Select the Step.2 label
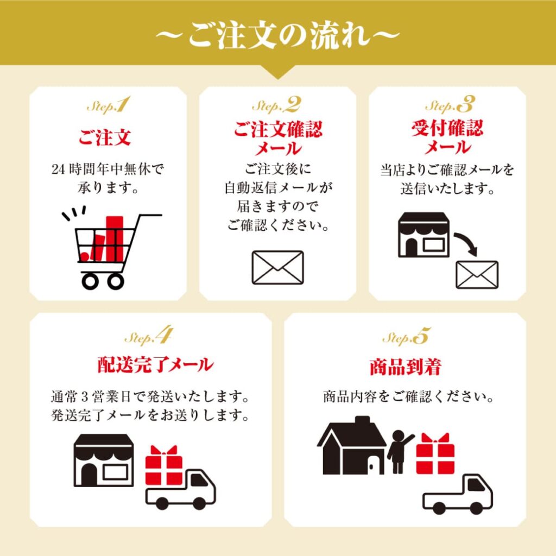(276, 105)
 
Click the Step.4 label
(148, 337)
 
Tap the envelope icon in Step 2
(277, 267)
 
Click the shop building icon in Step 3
(424, 235)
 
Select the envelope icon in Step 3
(477, 274)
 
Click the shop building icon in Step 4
(104, 460)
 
